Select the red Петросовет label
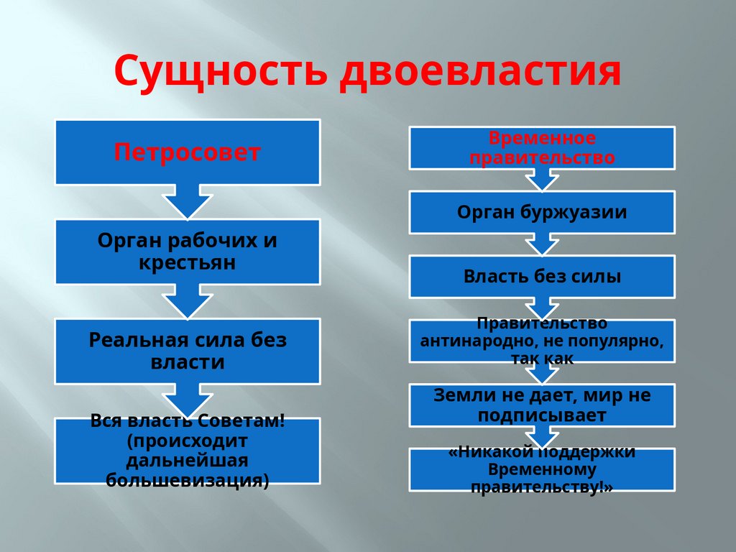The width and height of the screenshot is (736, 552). tap(187, 152)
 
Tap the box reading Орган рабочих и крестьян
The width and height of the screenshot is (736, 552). tap(187, 252)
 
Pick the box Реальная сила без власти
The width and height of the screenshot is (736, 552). tap(187, 351)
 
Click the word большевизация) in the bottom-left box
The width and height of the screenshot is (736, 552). tap(187, 479)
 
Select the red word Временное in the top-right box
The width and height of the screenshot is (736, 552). tap(542, 138)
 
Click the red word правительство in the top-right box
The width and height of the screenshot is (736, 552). tap(542, 157)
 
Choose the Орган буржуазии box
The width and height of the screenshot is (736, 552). tap(542, 213)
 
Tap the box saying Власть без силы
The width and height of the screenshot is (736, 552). tap(542, 276)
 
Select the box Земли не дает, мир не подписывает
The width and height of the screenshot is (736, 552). tap(542, 405)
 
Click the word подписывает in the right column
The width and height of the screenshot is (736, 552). tap(542, 415)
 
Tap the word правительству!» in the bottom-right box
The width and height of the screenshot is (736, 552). tap(542, 487)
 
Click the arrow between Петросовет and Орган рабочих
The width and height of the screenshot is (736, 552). tap(187, 201)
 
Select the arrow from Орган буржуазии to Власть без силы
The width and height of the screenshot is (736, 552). tap(542, 245)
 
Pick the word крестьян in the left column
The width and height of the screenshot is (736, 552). tap(187, 262)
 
